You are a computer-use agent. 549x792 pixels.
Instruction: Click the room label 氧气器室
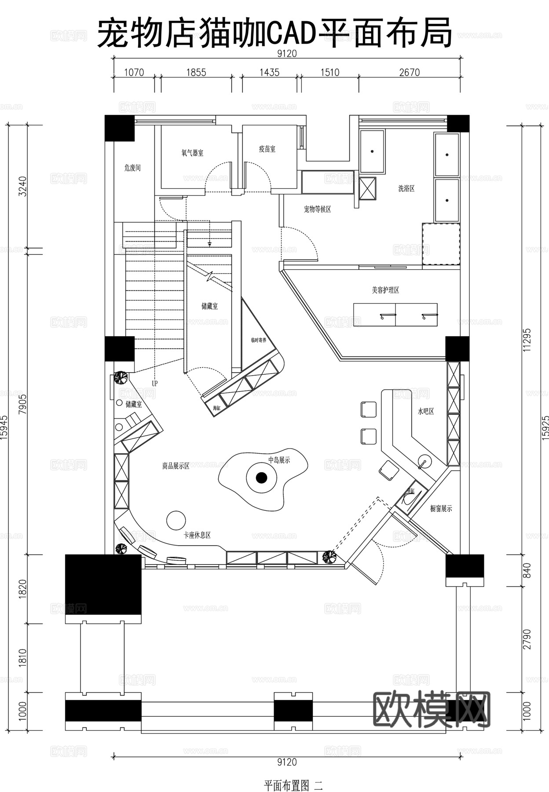(x=192, y=153)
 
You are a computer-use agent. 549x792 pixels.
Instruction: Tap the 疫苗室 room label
(x=267, y=149)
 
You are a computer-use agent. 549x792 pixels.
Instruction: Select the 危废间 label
(x=132, y=168)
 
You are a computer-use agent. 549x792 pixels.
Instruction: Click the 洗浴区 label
(x=406, y=188)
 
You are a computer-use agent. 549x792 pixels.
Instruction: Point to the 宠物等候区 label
(x=317, y=209)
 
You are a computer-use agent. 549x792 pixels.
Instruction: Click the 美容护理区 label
(x=385, y=290)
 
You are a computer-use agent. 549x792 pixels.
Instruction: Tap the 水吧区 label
(x=426, y=411)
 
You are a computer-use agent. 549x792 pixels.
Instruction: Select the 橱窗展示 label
(x=441, y=508)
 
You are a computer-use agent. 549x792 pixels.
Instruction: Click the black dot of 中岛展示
(x=261, y=477)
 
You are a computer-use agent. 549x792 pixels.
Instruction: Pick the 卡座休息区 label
(x=197, y=535)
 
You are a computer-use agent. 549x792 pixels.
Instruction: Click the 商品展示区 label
(x=176, y=466)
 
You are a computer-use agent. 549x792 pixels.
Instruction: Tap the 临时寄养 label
(x=259, y=340)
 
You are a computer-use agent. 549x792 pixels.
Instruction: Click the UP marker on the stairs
(x=154, y=383)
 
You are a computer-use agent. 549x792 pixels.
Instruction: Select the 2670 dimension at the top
(x=409, y=73)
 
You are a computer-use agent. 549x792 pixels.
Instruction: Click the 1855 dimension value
(x=196, y=73)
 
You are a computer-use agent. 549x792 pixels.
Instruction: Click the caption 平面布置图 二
(x=293, y=785)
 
